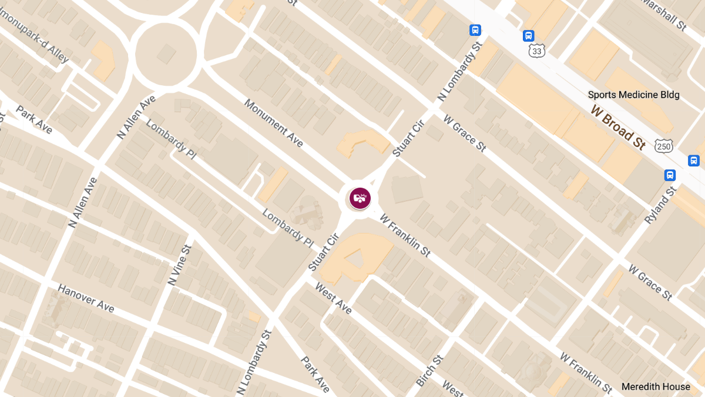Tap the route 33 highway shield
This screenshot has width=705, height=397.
click(537, 51)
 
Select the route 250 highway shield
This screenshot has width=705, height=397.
click(663, 146)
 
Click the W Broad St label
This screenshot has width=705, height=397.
click(618, 127)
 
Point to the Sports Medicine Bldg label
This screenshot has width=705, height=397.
click(633, 95)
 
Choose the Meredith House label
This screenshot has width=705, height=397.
click(656, 386)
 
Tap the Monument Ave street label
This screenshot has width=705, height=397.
click(274, 124)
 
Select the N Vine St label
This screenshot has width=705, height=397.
click(180, 265)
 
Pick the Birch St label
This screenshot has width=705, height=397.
click(429, 371)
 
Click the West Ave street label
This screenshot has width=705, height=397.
click(333, 298)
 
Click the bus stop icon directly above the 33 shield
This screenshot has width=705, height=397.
click(528, 36)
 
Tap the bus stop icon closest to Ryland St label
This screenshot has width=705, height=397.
click(670, 175)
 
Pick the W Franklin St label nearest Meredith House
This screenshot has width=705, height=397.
click(586, 373)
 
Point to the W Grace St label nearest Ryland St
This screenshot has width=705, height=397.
click(650, 282)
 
